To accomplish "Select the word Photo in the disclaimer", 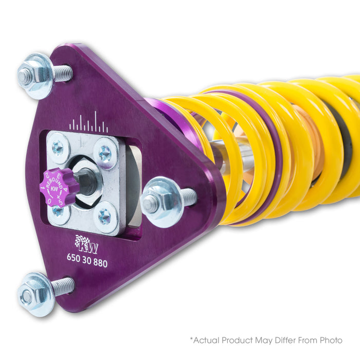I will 331,340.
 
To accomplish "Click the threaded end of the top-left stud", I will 63,74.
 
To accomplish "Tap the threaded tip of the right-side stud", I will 188,196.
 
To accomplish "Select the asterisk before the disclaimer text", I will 191,338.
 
